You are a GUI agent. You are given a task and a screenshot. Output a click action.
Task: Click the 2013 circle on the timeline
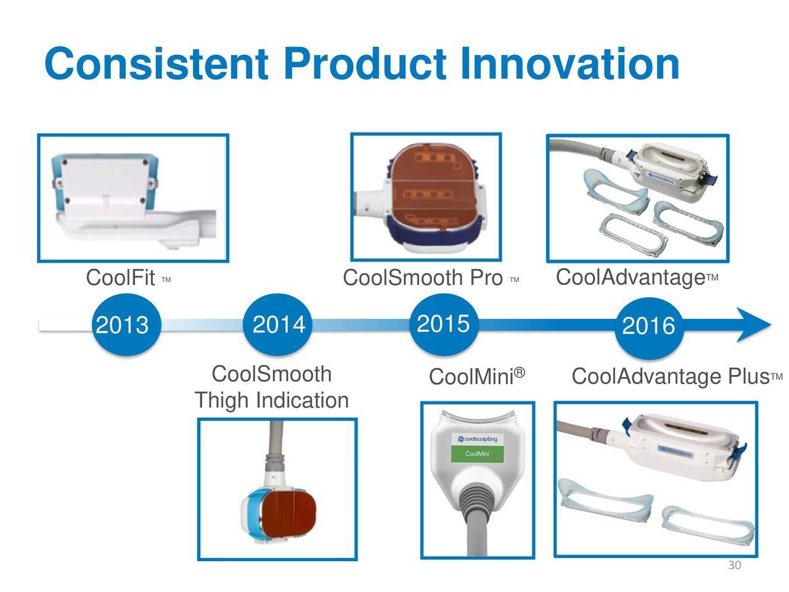(x=126, y=324)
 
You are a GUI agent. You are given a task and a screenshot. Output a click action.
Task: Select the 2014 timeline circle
(x=277, y=324)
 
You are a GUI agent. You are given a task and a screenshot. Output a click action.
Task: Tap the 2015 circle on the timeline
(x=444, y=324)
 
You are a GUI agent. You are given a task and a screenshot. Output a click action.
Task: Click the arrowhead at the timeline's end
(x=753, y=324)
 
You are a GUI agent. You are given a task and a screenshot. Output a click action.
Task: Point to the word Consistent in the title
(x=157, y=64)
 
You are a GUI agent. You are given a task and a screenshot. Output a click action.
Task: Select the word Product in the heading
(x=366, y=64)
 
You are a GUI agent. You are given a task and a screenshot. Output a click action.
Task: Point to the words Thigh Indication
(x=272, y=400)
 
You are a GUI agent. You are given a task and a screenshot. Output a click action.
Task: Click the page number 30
(x=735, y=565)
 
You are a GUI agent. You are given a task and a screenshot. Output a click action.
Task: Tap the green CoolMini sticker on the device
(x=477, y=454)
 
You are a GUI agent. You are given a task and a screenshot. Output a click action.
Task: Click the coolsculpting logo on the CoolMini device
(x=477, y=439)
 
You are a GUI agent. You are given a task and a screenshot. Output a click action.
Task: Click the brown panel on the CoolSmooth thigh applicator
(x=287, y=514)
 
